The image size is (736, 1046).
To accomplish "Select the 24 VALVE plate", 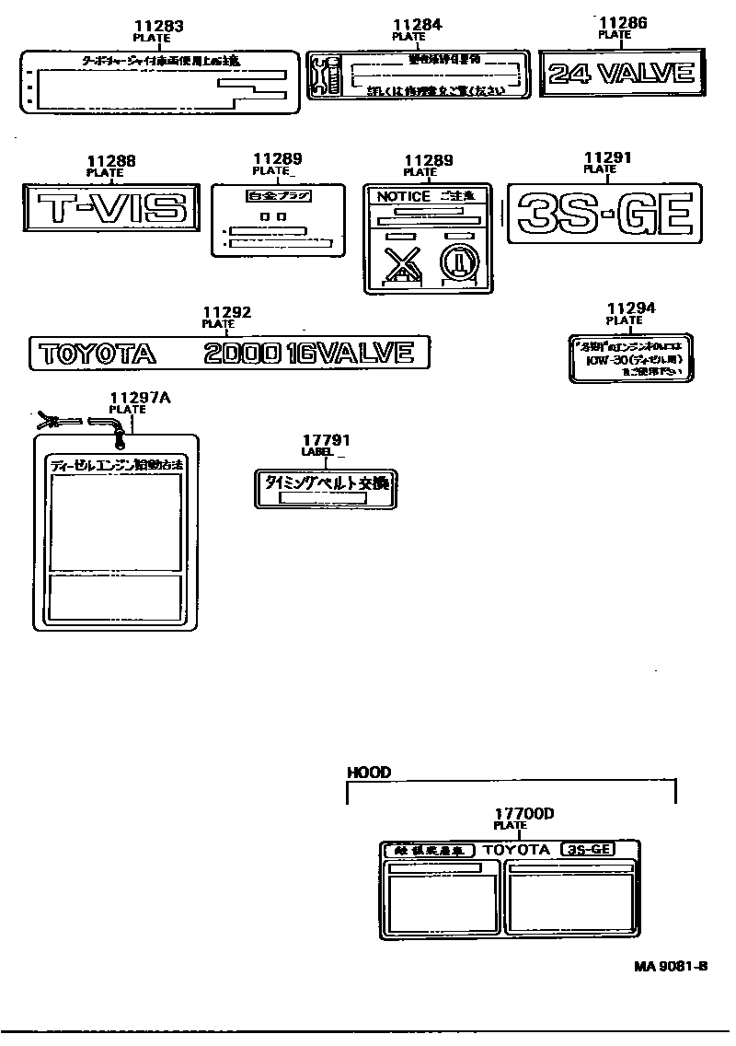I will [620, 74].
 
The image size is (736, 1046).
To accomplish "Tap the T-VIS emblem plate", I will [109, 206].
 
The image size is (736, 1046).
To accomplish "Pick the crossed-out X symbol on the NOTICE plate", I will [400, 266].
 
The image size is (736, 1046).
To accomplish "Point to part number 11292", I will [226, 313].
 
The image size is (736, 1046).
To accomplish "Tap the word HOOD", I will [368, 773].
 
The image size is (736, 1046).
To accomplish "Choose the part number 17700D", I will [523, 814].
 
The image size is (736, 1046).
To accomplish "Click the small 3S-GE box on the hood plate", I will [587, 850].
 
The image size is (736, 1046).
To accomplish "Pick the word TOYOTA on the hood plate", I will [516, 850].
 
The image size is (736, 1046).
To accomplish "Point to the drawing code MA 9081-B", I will [670, 966].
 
